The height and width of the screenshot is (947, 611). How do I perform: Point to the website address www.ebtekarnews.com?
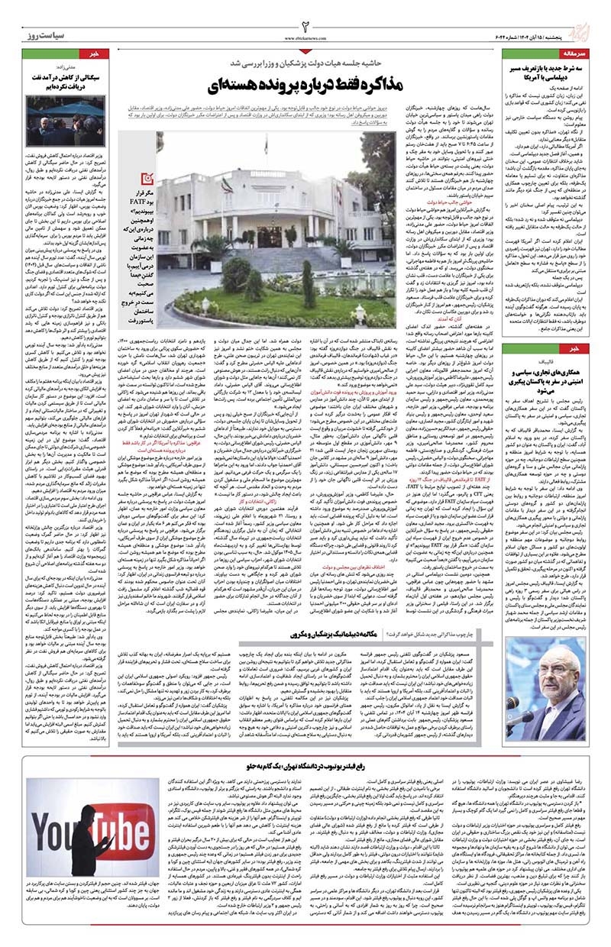pyautogui.click(x=305, y=36)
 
